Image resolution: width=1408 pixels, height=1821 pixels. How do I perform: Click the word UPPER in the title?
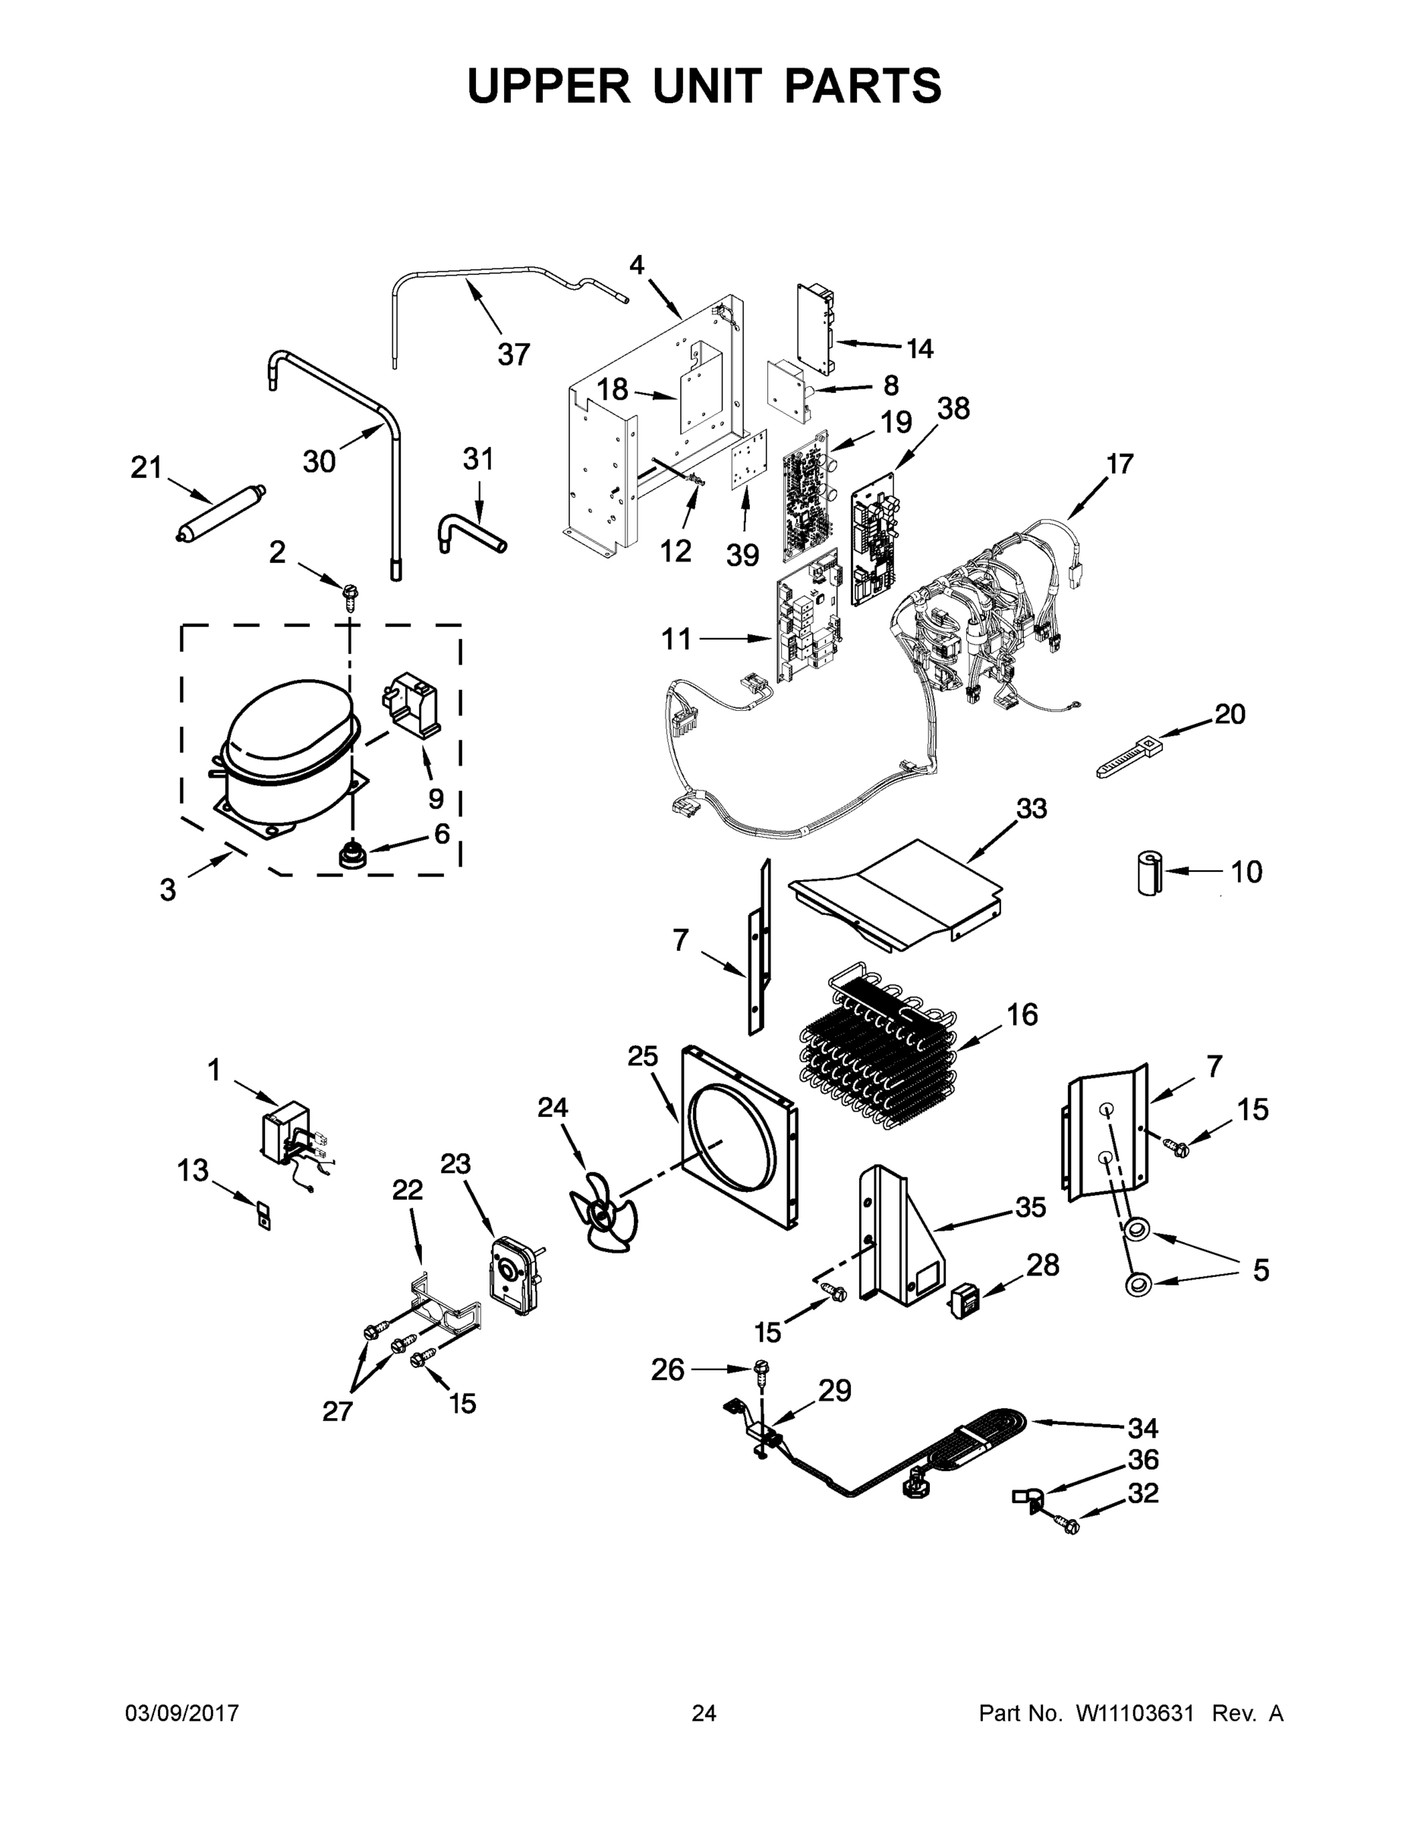point(549,86)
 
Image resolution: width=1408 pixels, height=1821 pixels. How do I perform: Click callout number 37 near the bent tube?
point(514,354)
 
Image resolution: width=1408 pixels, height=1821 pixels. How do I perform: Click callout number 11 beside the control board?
point(676,640)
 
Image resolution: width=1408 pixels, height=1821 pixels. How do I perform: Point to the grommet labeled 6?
point(351,855)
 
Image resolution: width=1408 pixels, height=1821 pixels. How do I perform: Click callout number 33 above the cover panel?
point(1032,808)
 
